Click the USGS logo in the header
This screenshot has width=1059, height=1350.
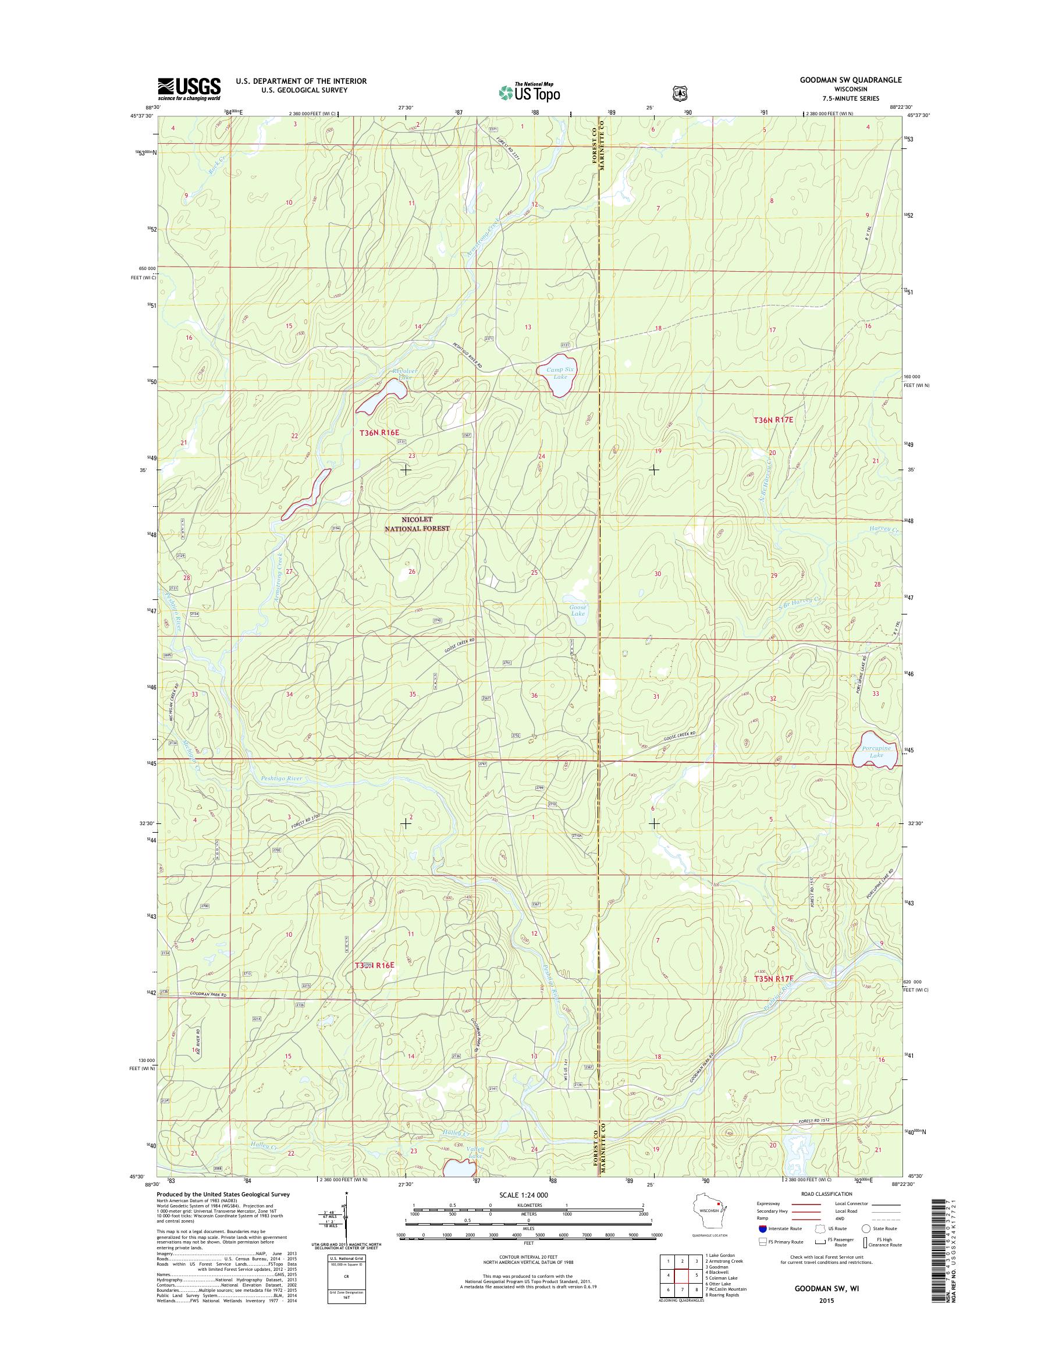coord(189,89)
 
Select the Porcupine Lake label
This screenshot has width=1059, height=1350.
coord(876,752)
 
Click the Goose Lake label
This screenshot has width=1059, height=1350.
coord(578,610)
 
